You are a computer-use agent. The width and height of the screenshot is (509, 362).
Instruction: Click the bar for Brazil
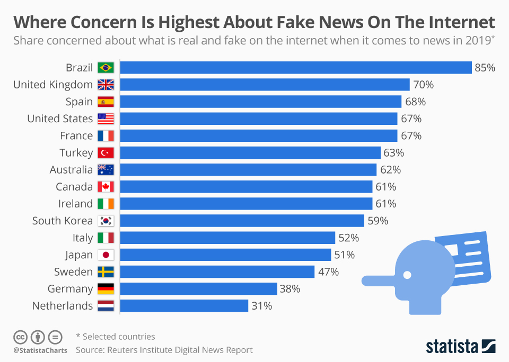tap(296, 68)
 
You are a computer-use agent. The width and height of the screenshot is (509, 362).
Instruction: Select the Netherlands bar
tap(184, 306)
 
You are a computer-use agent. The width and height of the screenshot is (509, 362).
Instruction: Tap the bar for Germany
tap(198, 289)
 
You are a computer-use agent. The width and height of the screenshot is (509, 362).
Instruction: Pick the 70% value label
tap(424, 85)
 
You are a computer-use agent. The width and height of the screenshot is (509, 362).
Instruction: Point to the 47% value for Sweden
tap(328, 272)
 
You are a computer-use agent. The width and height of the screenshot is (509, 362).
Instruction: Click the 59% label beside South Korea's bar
tap(378, 221)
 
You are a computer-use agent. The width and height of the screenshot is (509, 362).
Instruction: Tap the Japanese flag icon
tap(106, 255)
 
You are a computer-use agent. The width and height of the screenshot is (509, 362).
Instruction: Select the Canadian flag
tap(106, 187)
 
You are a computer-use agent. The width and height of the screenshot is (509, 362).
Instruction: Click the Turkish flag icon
tap(106, 153)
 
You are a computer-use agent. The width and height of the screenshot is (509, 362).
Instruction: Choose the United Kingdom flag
tap(106, 85)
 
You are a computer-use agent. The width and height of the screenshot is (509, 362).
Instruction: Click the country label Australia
tap(71, 170)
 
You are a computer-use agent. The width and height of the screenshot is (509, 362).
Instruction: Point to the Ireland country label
tap(75, 204)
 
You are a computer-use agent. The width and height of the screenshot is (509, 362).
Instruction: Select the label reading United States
tap(60, 119)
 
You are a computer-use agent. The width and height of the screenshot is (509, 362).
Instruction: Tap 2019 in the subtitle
tap(476, 41)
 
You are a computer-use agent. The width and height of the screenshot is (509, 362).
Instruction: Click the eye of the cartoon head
tap(407, 275)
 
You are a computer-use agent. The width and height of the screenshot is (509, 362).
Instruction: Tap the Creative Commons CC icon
tap(20, 337)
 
